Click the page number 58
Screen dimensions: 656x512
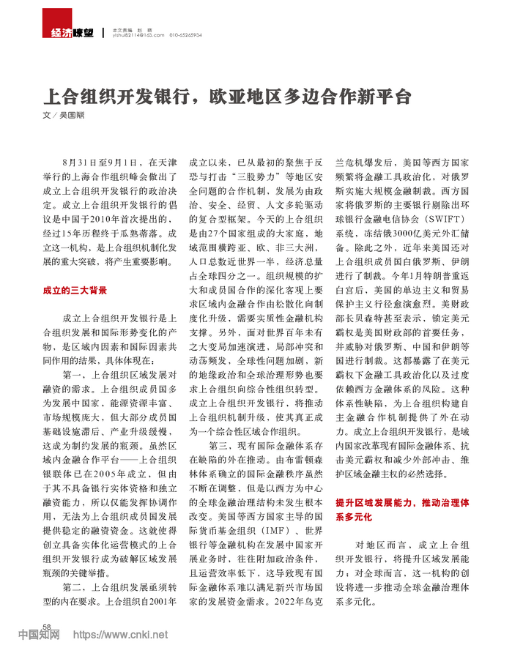[45, 627]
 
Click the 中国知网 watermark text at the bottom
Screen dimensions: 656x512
[40, 635]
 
